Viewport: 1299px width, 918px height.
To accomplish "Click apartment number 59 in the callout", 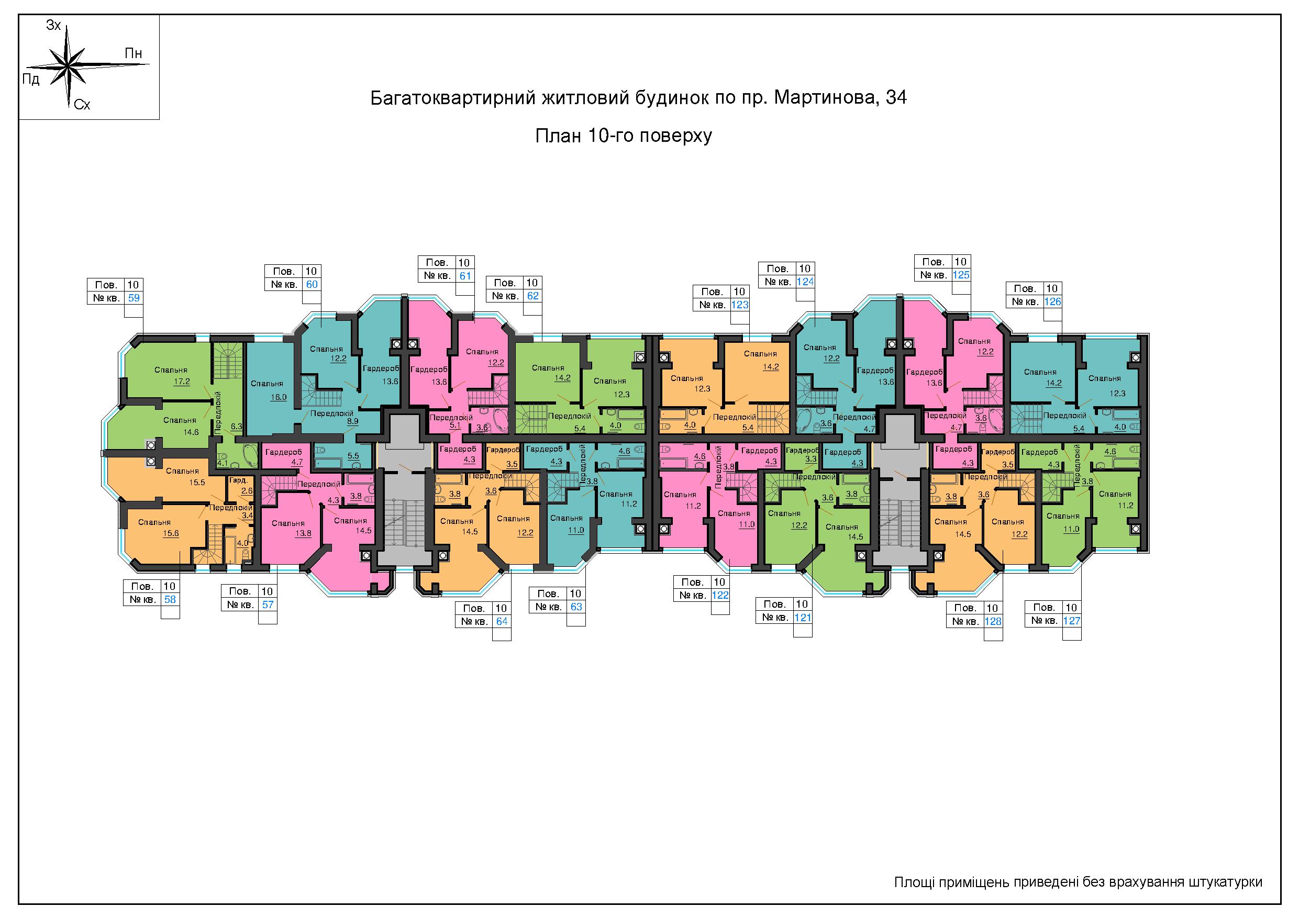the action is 134,297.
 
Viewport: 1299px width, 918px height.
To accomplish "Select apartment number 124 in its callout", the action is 805,282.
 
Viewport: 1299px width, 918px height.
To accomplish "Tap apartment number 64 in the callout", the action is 501,621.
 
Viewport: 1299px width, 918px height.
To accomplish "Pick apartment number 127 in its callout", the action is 1072,621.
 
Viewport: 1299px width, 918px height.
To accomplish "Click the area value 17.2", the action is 182,382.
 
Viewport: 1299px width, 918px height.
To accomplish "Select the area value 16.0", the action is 279,397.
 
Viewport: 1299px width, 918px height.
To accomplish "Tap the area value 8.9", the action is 352,421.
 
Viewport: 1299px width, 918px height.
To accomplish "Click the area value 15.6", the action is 170,533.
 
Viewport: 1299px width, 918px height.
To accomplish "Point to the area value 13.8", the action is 303,533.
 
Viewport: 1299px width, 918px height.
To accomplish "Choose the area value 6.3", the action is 237,427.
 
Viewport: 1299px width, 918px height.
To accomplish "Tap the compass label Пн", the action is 134,54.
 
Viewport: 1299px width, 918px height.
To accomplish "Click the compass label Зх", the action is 54,26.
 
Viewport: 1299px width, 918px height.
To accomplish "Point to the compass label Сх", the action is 82,105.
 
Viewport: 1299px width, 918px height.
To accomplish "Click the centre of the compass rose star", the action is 68,65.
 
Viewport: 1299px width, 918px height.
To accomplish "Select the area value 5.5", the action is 353,455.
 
